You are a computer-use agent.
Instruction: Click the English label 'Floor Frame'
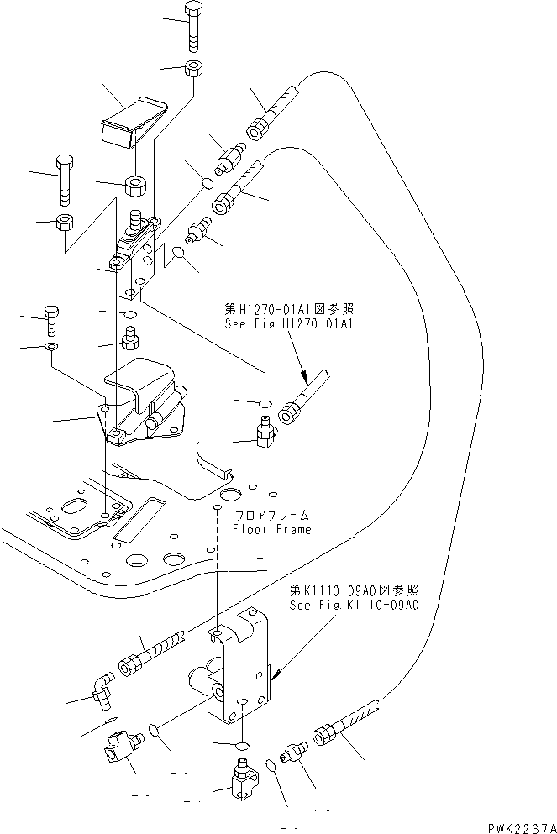[x=271, y=530]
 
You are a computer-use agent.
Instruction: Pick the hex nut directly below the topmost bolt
[x=194, y=69]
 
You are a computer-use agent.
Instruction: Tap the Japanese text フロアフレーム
[x=271, y=515]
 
